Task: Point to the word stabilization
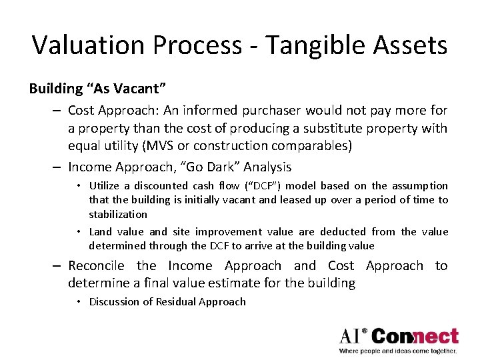(x=118, y=214)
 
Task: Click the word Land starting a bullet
(x=100, y=231)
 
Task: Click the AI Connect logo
(x=398, y=336)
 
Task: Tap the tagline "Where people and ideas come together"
(x=398, y=351)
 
